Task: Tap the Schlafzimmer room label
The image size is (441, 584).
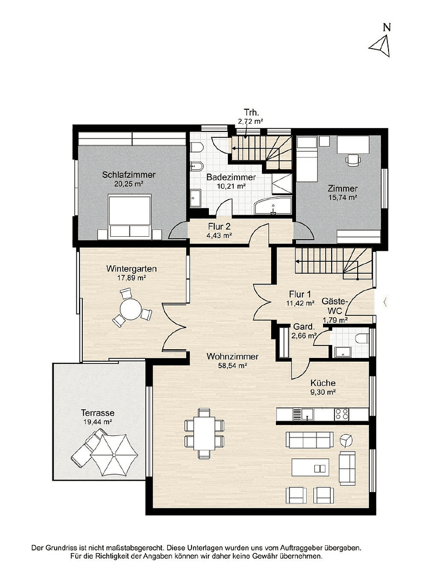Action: coord(129,175)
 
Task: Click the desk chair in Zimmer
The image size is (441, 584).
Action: coord(353,158)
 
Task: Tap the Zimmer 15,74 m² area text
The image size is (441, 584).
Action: coord(343,197)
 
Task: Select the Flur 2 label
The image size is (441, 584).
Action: coord(220,227)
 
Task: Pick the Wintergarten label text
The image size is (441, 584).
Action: coord(131,268)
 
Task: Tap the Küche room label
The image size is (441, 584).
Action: coord(322,383)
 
